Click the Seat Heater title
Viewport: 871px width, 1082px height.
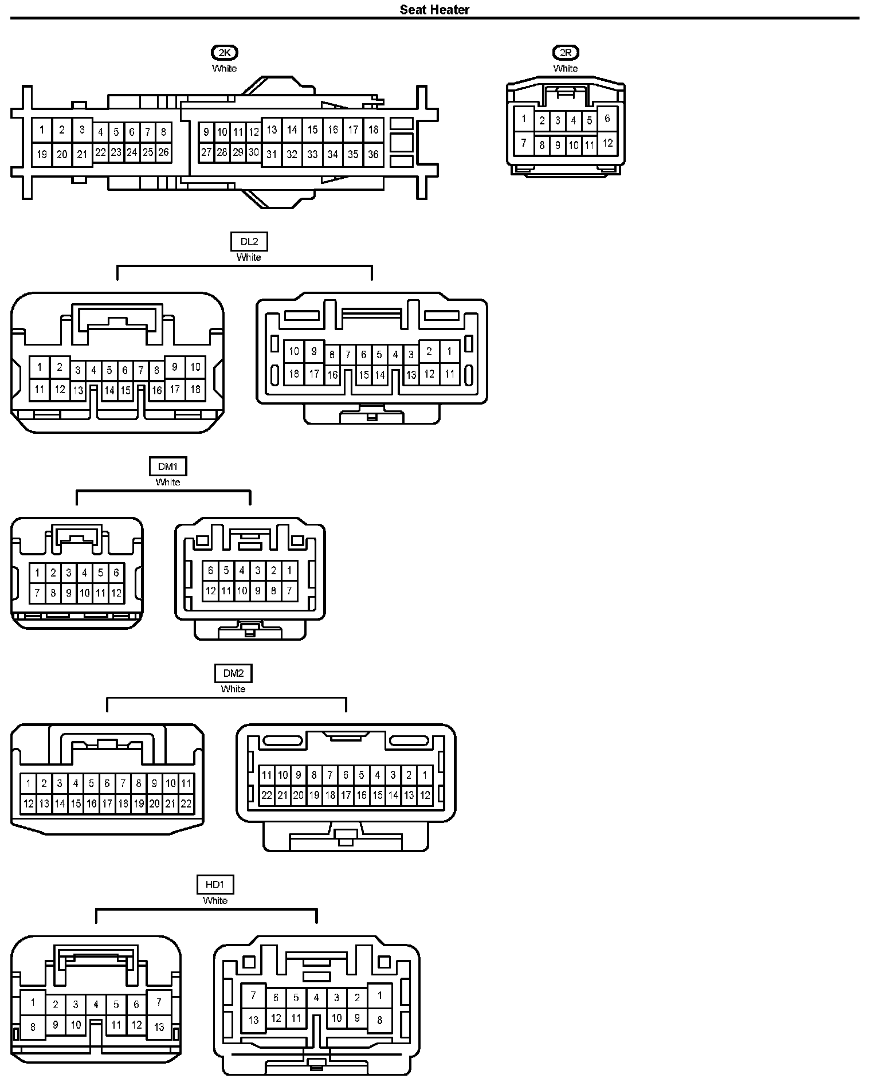(434, 10)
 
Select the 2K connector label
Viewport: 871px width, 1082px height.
(225, 53)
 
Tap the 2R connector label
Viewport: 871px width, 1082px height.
(566, 53)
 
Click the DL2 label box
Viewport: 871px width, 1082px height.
(249, 242)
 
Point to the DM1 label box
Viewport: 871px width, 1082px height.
(168, 466)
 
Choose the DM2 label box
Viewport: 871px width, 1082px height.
(233, 673)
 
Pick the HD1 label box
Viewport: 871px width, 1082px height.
(215, 885)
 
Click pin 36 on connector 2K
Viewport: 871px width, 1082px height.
(373, 154)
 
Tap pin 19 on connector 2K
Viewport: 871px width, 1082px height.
(42, 154)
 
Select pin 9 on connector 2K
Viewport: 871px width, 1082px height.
(206, 132)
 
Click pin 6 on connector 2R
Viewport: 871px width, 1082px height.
(607, 119)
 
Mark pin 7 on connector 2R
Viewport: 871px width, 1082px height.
(524, 143)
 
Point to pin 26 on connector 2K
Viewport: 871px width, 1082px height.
(164, 152)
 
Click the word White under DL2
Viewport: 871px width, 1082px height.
(249, 257)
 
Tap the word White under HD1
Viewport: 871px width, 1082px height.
(215, 900)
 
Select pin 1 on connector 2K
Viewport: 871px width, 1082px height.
(42, 130)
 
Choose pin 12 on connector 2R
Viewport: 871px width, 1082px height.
(607, 143)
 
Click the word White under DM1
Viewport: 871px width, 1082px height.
(168, 482)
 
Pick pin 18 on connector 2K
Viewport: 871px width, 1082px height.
(373, 130)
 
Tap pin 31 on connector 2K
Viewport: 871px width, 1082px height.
(272, 154)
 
